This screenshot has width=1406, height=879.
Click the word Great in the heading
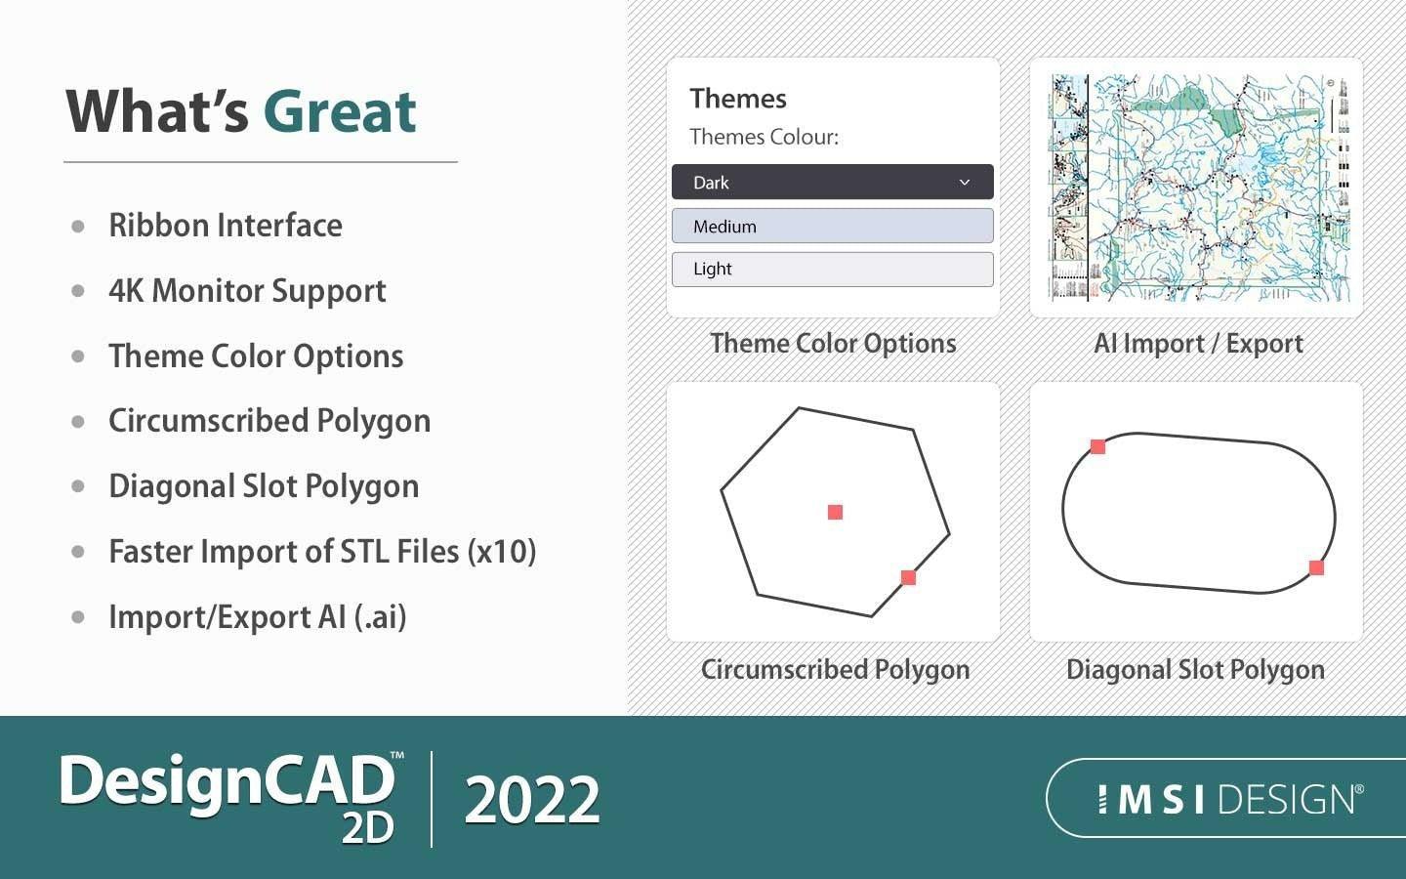click(x=339, y=111)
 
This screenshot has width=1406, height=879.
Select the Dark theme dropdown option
click(x=832, y=183)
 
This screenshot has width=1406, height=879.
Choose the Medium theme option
click(x=832, y=227)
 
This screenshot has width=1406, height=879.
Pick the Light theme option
click(x=832, y=270)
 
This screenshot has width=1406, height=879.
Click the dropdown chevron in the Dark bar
click(x=965, y=183)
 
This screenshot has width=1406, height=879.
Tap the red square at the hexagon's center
click(x=835, y=512)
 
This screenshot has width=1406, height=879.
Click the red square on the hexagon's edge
click(x=908, y=577)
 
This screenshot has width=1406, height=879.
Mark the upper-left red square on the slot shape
click(x=1097, y=446)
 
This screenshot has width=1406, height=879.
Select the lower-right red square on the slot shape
click(x=1316, y=567)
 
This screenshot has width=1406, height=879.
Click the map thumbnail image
click(x=1197, y=188)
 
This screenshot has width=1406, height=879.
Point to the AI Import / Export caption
click(x=1197, y=344)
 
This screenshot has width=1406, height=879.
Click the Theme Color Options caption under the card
click(x=833, y=344)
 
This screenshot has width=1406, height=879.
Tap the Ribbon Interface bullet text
click(x=226, y=226)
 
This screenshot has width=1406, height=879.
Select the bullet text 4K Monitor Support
click(x=247, y=291)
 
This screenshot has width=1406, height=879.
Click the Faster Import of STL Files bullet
click(x=322, y=552)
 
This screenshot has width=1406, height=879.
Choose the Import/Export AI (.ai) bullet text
click(x=257, y=617)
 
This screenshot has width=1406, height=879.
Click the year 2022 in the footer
click(x=532, y=800)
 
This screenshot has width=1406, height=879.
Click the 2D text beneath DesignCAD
click(x=367, y=827)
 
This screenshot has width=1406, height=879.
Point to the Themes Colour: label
click(x=764, y=137)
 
